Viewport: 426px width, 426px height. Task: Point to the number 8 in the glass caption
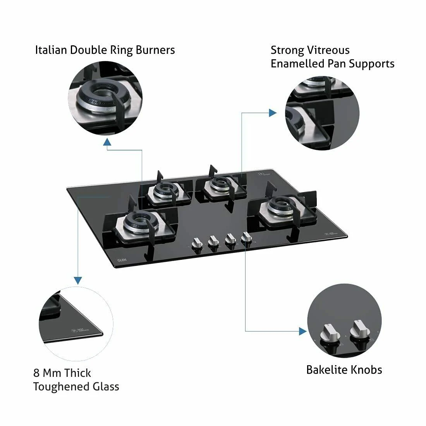pyautogui.click(x=36, y=373)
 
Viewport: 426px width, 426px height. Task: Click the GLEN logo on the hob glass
pyautogui.click(x=122, y=261)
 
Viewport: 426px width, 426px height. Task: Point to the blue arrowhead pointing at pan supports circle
pyautogui.click(x=273, y=112)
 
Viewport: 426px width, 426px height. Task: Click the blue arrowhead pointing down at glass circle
pyautogui.click(x=78, y=280)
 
